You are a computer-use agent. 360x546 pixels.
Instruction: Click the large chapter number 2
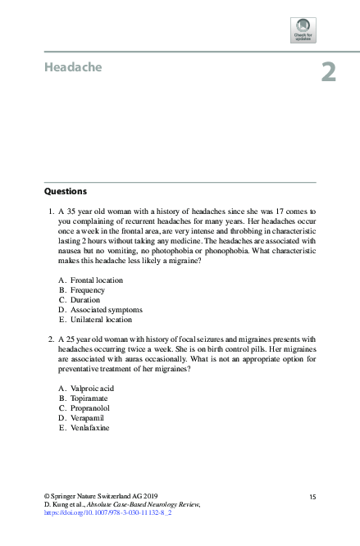[x=328, y=72]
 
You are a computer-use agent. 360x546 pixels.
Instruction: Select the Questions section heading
[x=66, y=191]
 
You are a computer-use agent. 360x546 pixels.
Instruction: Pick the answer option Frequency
[x=87, y=290]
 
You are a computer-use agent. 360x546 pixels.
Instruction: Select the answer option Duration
[x=85, y=300]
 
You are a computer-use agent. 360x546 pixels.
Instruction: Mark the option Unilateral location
[x=101, y=320]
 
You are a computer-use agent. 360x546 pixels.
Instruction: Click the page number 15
[x=312, y=497]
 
